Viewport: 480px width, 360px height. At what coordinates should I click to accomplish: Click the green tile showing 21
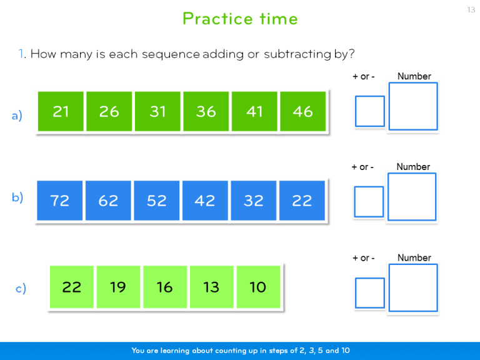tap(61, 111)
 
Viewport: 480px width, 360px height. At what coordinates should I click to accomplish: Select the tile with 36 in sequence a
tap(206, 111)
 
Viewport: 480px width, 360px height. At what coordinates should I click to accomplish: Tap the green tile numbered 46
tap(302, 111)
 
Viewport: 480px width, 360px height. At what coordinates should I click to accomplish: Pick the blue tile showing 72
tap(59, 201)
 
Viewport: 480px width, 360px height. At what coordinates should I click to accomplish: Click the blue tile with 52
tap(157, 201)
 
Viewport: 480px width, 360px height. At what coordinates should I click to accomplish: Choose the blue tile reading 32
tap(254, 201)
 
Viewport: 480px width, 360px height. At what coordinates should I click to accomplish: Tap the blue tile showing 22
tap(302, 201)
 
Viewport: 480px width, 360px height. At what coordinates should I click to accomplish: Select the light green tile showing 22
tap(72, 287)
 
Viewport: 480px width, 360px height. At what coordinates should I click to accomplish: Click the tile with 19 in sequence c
tap(118, 287)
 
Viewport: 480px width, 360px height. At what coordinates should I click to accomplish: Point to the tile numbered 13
tap(211, 287)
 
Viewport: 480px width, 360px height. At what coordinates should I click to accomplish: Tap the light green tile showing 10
tap(257, 287)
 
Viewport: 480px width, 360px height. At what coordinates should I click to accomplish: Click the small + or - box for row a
tap(370, 111)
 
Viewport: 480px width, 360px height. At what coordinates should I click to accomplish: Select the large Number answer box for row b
tap(412, 197)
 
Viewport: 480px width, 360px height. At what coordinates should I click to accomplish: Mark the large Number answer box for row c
tap(413, 287)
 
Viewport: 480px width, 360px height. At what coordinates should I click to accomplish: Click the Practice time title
tap(240, 19)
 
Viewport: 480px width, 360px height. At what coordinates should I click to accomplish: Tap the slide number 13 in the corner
tap(471, 9)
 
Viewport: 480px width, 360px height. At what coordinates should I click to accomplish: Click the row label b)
tap(17, 197)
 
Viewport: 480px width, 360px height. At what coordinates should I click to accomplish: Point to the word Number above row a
tap(414, 76)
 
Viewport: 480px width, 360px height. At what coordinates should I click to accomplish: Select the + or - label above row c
tap(364, 257)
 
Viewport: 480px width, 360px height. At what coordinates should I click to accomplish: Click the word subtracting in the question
tap(297, 54)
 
